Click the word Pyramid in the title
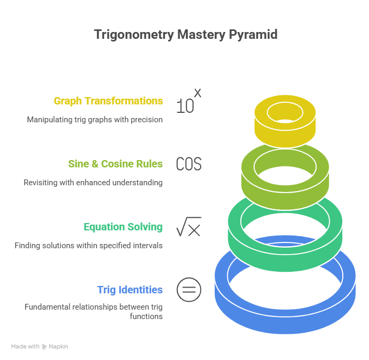tap(254, 35)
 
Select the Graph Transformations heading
tap(108, 101)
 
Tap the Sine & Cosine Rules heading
tap(115, 164)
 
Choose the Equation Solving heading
tap(123, 227)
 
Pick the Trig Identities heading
tap(130, 290)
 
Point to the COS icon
tap(188, 164)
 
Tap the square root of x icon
tap(188, 228)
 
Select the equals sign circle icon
tap(188, 290)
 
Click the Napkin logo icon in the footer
tap(45, 346)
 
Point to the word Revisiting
tap(37, 183)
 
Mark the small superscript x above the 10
tap(197, 92)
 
